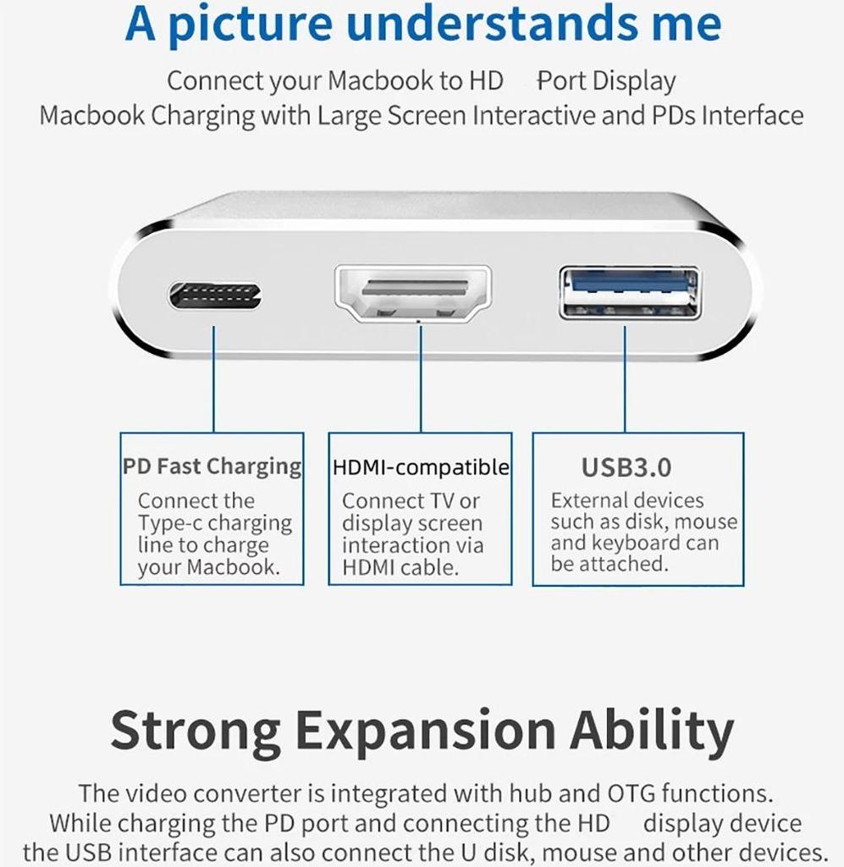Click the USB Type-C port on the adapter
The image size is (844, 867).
215,295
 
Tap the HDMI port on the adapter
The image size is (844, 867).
414,293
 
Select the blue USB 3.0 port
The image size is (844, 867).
629,292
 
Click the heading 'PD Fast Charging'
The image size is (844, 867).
212,467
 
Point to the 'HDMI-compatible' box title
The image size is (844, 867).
421,467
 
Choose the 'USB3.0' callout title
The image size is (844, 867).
626,467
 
